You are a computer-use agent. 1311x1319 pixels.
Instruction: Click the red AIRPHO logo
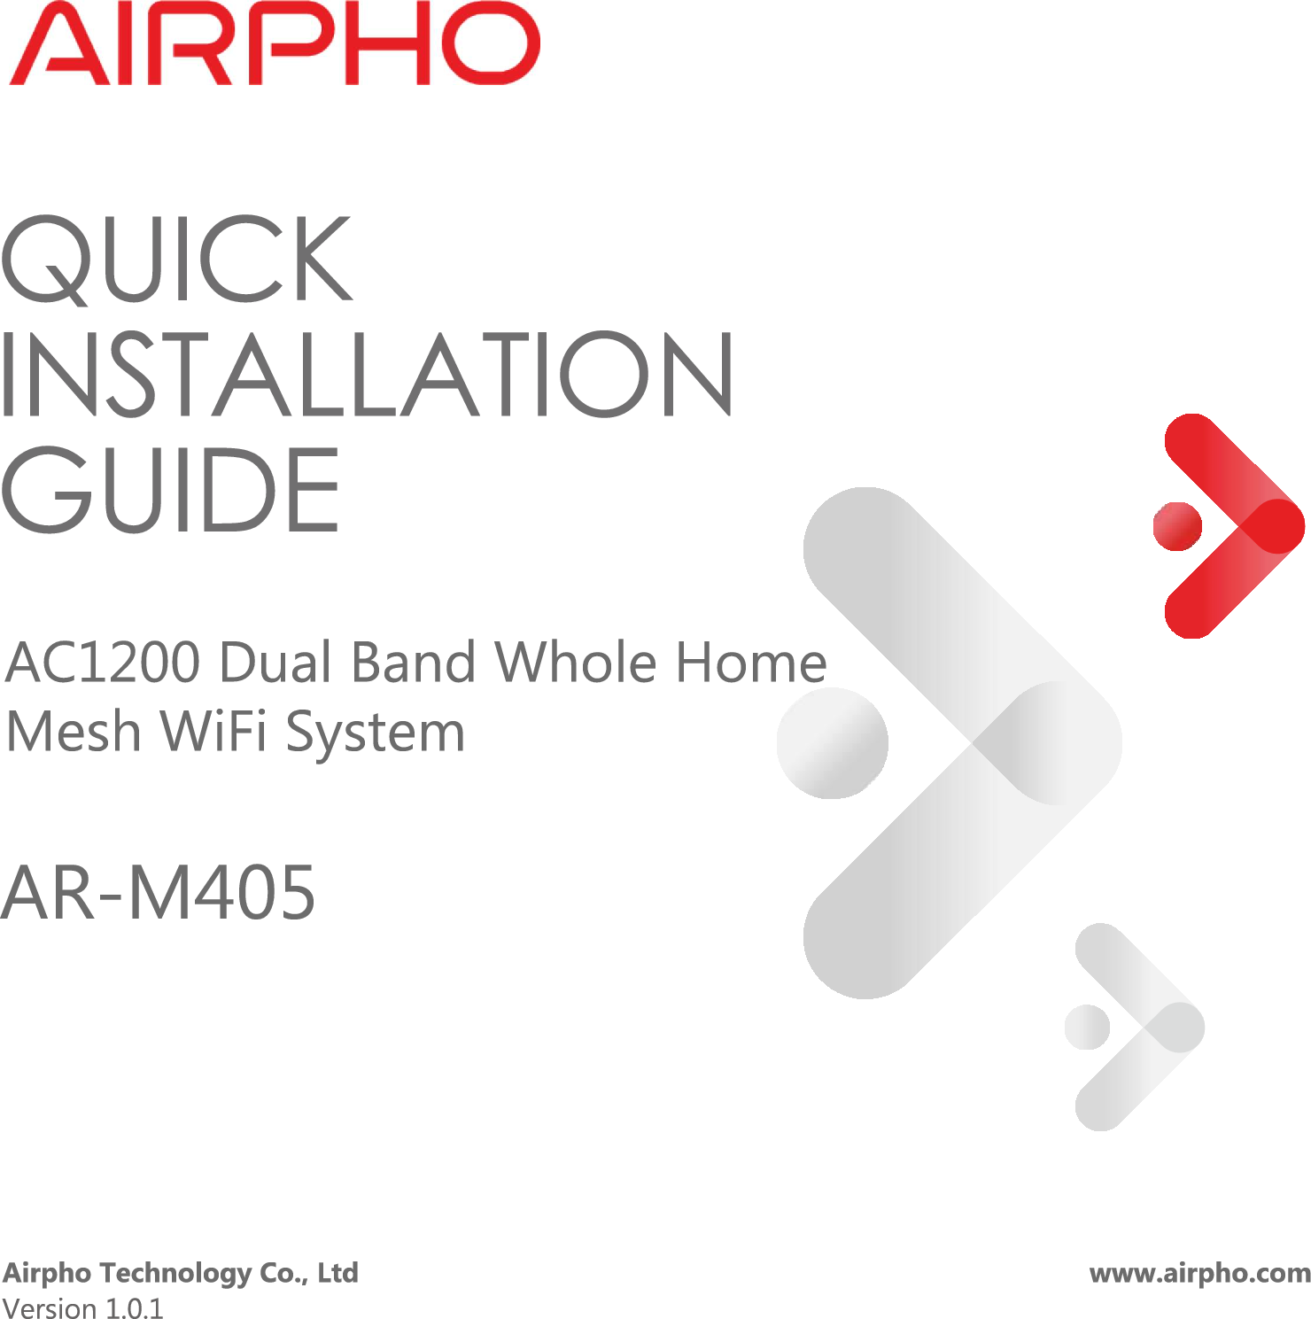pos(275,44)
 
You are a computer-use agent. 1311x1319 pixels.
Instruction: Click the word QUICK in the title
pos(177,260)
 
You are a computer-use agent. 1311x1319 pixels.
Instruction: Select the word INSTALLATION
pos(367,374)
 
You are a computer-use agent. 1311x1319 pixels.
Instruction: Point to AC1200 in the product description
pos(103,663)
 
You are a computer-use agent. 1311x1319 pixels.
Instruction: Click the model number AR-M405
pos(159,893)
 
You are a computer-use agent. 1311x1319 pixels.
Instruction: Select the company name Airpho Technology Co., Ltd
pos(181,1273)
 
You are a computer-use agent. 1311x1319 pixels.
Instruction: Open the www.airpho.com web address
pos(1200,1273)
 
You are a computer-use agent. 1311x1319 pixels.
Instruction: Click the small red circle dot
pos(1177,526)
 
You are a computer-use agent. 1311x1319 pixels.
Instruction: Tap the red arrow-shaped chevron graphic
pos(1234,526)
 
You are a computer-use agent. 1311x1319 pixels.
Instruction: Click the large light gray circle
pos(833,743)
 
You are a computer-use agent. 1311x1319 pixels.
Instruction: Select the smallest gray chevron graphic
pos(1139,1028)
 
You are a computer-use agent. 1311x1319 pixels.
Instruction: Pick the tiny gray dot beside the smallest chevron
pos(1087,1028)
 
